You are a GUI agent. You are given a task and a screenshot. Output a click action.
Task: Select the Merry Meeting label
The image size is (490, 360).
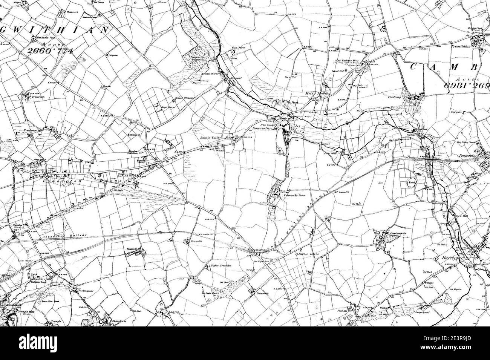tap(320, 93)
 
